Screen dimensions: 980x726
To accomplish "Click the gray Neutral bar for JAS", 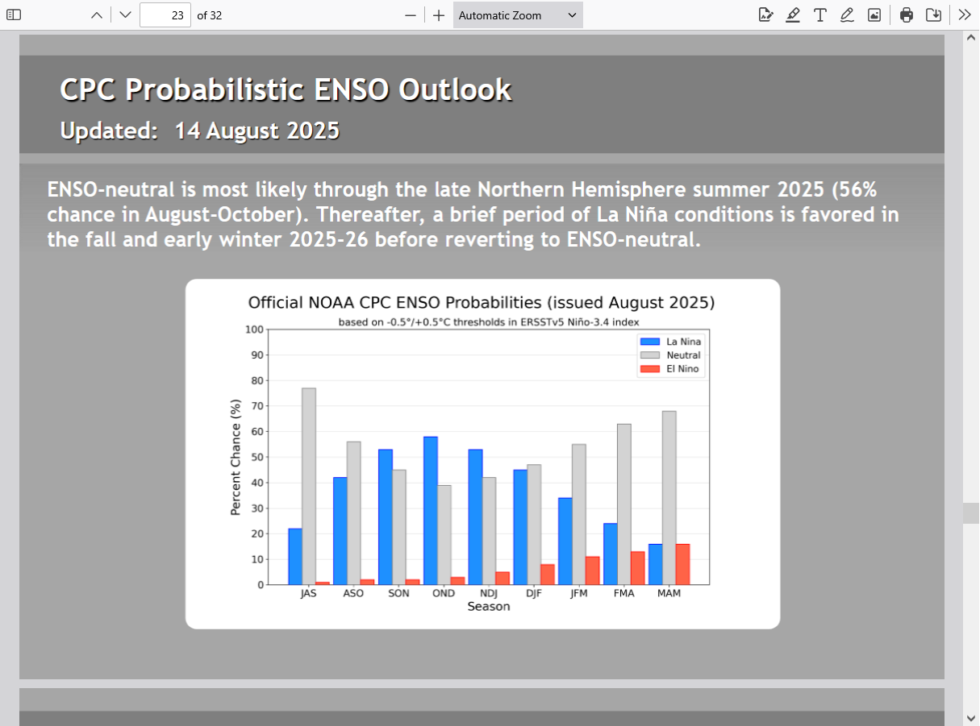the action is click(x=309, y=486).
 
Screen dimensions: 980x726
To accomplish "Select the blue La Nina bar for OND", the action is click(x=431, y=511).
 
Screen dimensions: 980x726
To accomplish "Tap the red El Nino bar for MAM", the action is click(x=682, y=564).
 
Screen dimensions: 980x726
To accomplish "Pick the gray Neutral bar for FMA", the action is click(x=623, y=504).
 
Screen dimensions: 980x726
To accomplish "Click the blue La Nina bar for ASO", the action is click(x=340, y=531).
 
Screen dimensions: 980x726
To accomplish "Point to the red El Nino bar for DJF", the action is click(x=548, y=575).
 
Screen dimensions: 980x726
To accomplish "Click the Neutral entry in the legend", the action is click(x=670, y=355).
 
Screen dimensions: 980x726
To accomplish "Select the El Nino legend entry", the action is click(x=669, y=369).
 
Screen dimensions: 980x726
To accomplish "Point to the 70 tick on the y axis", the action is click(x=257, y=406).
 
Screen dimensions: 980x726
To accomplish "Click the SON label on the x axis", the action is click(x=398, y=593).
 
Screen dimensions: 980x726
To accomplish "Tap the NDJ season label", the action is click(x=489, y=593).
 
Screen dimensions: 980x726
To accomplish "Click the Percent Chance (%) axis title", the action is click(x=236, y=457).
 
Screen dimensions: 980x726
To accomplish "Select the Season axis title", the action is click(x=489, y=606).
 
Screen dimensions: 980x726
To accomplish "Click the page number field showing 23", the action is click(x=165, y=15).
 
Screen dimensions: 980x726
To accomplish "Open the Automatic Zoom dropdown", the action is click(x=518, y=15).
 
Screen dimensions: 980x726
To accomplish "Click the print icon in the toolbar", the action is click(x=907, y=15).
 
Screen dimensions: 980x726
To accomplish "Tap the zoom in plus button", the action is click(x=439, y=15).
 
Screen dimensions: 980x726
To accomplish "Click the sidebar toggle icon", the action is click(x=14, y=15).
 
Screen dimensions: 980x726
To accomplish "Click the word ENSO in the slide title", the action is click(x=351, y=89).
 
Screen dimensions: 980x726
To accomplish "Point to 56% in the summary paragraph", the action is click(x=860, y=190).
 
